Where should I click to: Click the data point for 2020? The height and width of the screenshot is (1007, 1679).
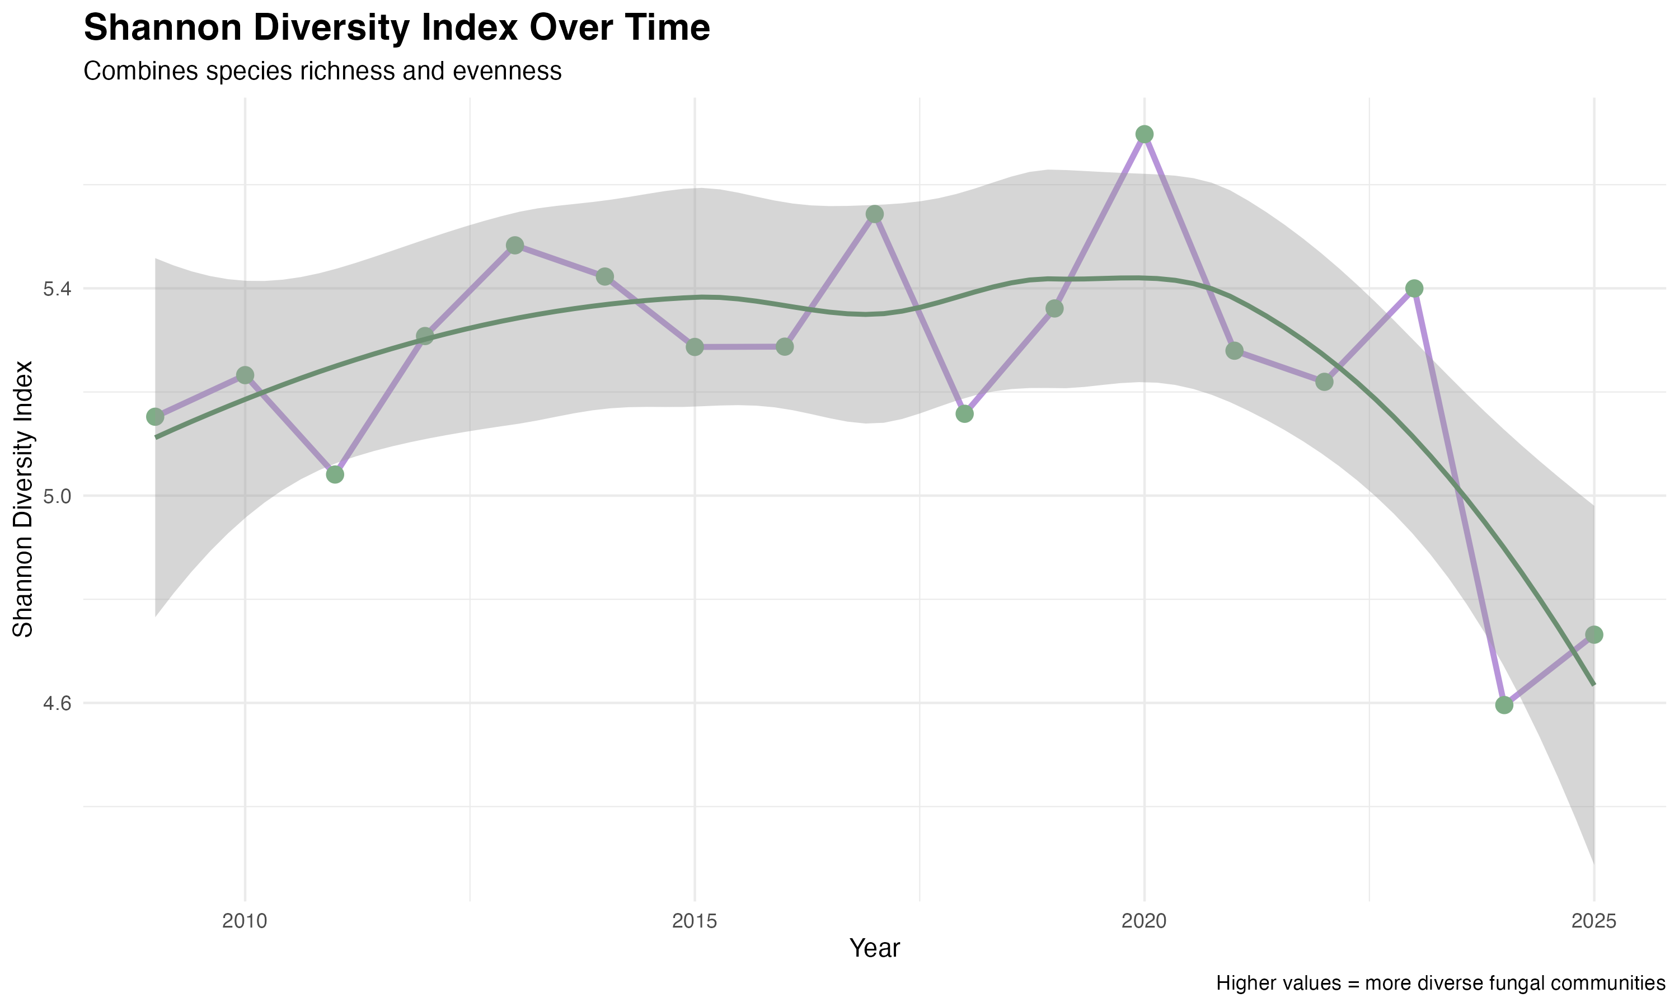(1144, 134)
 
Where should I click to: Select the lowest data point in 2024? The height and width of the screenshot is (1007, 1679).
(1504, 705)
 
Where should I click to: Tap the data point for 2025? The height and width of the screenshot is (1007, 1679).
(1594, 634)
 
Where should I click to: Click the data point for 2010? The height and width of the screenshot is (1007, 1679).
(245, 375)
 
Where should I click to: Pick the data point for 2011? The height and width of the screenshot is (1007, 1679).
(335, 474)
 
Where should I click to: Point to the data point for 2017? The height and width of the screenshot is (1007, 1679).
(875, 214)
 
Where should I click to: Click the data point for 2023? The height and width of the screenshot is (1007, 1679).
(1414, 288)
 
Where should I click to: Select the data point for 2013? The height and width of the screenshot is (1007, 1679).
(515, 245)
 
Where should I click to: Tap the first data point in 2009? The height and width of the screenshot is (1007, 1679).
(154, 416)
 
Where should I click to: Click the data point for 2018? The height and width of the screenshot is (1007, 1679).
(964, 413)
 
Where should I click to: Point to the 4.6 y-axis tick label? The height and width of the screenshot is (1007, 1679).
(57, 704)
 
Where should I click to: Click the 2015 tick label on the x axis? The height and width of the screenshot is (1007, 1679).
(695, 921)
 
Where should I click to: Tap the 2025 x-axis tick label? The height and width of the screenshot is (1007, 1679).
(1593, 921)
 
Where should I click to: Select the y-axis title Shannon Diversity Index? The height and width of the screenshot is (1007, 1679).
(24, 499)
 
